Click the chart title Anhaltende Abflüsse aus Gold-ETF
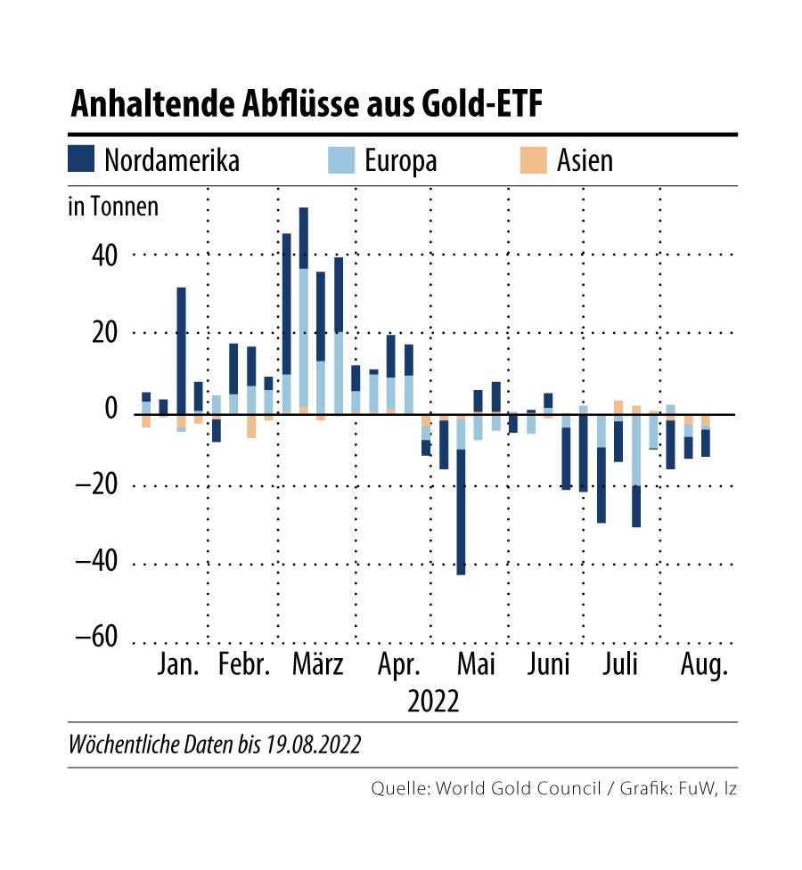click(x=307, y=104)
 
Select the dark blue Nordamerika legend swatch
click(x=80, y=160)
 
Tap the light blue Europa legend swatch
click(x=342, y=160)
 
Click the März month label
click(x=317, y=666)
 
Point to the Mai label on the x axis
click(x=476, y=666)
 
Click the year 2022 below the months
click(x=434, y=701)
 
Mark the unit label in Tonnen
click(x=113, y=207)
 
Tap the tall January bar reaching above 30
click(x=181, y=347)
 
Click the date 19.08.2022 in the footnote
click(x=313, y=744)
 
